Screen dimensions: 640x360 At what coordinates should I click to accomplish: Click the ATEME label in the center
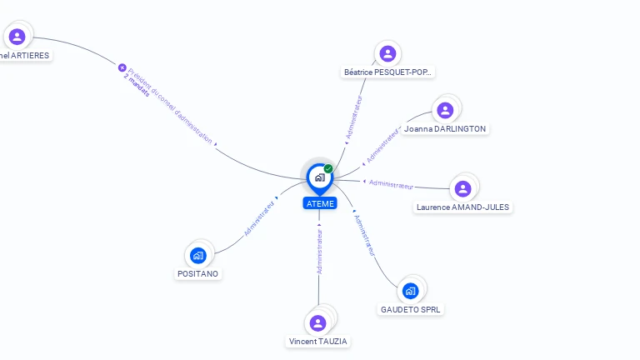[320, 203]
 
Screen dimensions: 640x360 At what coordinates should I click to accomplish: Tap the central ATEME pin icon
[319, 177]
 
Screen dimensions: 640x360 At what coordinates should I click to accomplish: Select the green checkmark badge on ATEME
[328, 169]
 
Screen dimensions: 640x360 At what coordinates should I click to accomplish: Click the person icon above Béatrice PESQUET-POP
[387, 53]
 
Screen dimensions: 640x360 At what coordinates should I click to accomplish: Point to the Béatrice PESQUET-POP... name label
[388, 72]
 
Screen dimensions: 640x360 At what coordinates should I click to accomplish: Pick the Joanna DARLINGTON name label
[444, 129]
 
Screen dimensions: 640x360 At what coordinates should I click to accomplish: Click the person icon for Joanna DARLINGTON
[445, 109]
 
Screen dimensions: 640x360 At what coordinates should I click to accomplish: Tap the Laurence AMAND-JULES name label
[463, 207]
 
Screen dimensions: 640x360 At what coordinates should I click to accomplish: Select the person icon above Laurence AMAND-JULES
[462, 188]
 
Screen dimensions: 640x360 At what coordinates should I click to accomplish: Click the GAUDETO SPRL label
[411, 310]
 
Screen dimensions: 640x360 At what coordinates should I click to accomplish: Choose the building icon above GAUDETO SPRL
[410, 290]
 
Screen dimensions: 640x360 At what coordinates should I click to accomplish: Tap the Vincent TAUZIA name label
[318, 342]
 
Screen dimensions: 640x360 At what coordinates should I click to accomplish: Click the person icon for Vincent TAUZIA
[317, 322]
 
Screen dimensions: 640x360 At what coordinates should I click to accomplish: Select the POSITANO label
[198, 273]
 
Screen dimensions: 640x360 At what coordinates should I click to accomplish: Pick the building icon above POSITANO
[197, 254]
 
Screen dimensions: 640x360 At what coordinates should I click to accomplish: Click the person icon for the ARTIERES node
[17, 36]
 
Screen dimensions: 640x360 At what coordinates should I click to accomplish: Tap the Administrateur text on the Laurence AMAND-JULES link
[391, 184]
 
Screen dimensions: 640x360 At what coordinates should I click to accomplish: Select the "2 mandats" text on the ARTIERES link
[137, 86]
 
